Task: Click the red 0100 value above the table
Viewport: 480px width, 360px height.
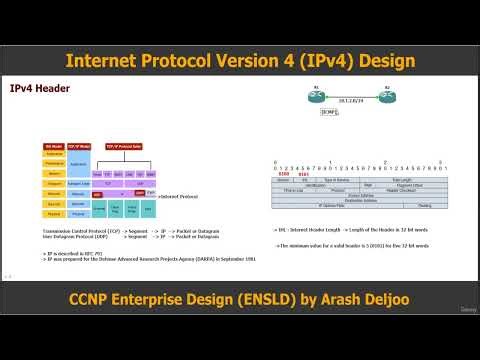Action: tap(283, 173)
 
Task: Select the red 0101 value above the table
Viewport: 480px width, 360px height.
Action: tap(302, 173)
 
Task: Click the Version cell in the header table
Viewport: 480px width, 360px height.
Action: tap(283, 179)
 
